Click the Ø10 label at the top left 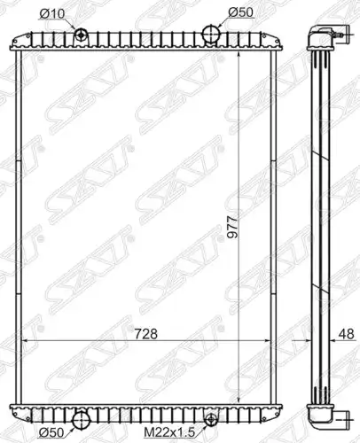coord(51,13)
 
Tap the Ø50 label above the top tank coord(240,12)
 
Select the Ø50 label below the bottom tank coord(51,433)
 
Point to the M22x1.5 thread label coord(169,433)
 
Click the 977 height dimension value coord(231,227)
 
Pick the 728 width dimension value coord(146,334)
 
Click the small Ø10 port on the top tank coord(81,35)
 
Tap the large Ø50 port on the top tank coord(211,34)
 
